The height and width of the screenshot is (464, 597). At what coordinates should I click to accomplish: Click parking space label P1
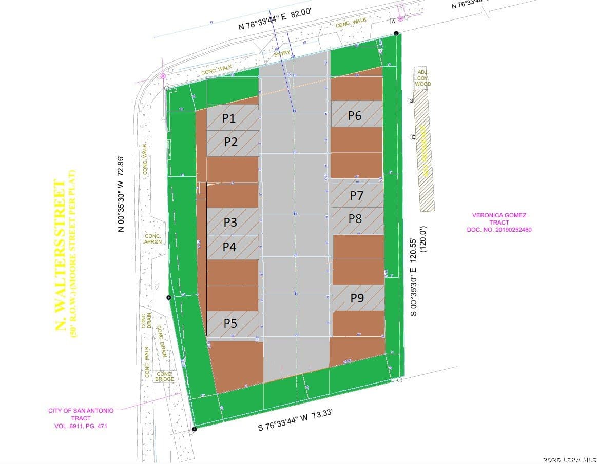click(229, 118)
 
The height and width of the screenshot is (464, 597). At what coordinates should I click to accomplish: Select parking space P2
click(231, 142)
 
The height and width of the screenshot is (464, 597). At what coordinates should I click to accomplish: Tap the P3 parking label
click(230, 222)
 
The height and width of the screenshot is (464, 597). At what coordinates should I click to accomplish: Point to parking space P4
click(229, 247)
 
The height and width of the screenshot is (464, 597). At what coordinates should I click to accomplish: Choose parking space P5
click(230, 323)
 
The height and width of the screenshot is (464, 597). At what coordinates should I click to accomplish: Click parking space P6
click(355, 116)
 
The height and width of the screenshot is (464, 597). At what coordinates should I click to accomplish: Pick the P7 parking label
click(357, 195)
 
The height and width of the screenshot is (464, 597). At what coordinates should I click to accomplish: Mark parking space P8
click(355, 218)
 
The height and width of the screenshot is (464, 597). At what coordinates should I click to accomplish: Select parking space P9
click(357, 297)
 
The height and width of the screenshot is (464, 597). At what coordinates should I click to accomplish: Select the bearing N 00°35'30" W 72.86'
click(121, 194)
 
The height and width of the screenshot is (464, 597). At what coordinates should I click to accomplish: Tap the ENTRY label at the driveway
click(282, 53)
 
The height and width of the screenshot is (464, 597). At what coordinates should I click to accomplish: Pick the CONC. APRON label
click(153, 238)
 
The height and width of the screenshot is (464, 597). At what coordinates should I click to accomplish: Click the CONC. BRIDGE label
click(165, 376)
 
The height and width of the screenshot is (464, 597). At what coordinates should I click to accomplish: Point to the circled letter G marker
click(411, 101)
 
